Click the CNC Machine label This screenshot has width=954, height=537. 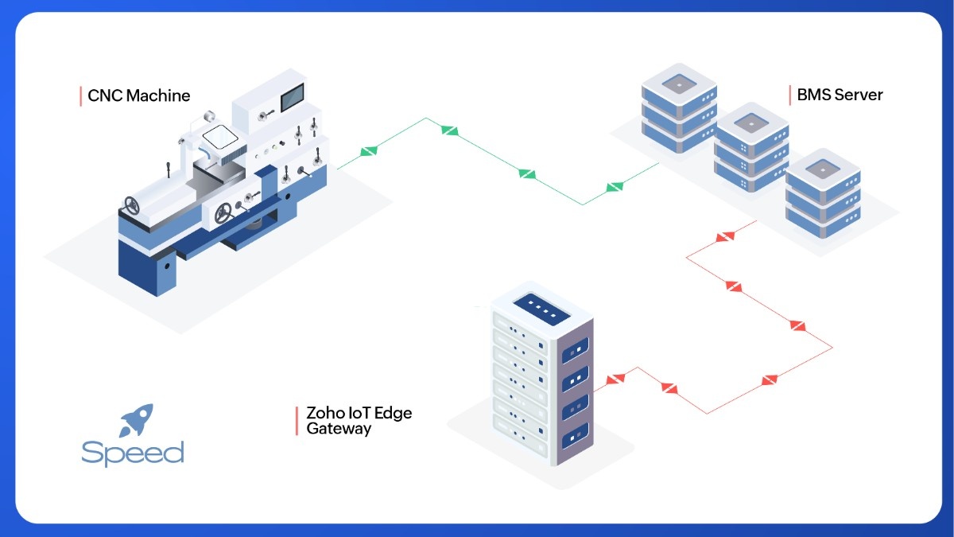click(138, 95)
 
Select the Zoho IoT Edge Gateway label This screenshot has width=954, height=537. click(359, 421)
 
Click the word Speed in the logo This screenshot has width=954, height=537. click(133, 453)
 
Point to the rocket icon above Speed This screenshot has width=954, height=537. click(136, 419)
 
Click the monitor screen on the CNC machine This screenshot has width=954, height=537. click(293, 96)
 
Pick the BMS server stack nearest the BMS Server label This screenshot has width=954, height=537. click(823, 195)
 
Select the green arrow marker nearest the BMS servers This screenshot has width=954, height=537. click(614, 188)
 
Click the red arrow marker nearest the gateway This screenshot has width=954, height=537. click(613, 379)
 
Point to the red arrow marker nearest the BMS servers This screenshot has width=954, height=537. click(725, 236)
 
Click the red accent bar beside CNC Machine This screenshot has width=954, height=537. click(81, 95)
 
